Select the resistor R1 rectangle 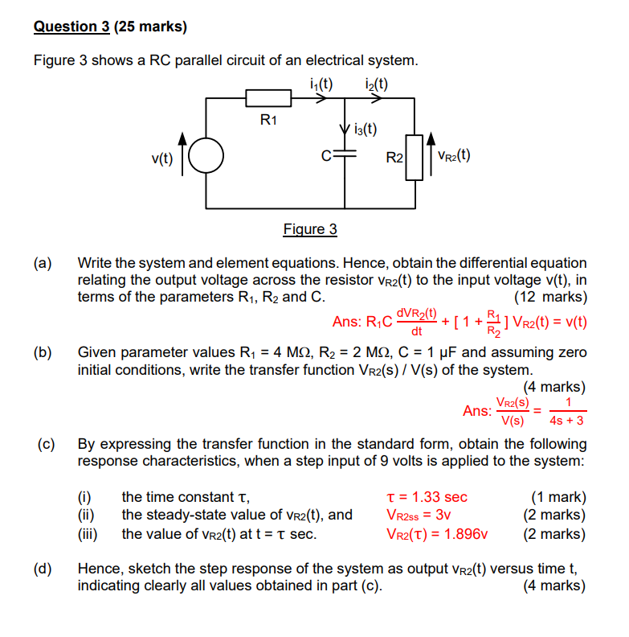pos(268,99)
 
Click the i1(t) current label pos(321,83)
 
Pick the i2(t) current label pos(376,83)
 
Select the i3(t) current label pos(366,129)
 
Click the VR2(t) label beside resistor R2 pos(454,155)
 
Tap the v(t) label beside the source pos(163,158)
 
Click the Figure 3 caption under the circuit pos(310,229)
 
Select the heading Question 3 pos(71,27)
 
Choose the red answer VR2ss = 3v pos(419,515)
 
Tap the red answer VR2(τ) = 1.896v pos(438,533)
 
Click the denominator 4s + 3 pos(566,420)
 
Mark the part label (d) pos(43,569)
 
